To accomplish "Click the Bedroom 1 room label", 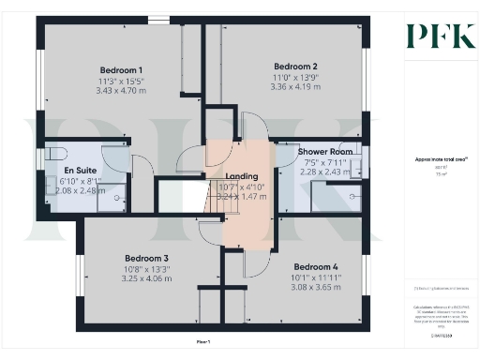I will click(x=121, y=70).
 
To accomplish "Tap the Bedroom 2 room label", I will click(x=295, y=67).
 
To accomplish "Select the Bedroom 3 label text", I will click(x=146, y=258).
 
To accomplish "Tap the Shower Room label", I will click(x=325, y=151).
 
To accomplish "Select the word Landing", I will click(x=241, y=176).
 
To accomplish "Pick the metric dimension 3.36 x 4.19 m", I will click(x=295, y=87).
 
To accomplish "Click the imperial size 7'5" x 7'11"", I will click(x=325, y=161).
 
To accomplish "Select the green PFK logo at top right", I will click(x=433, y=37).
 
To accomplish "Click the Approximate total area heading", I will click(x=434, y=159).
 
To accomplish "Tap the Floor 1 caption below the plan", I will click(x=202, y=342).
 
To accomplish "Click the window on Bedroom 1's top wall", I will click(x=158, y=19).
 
